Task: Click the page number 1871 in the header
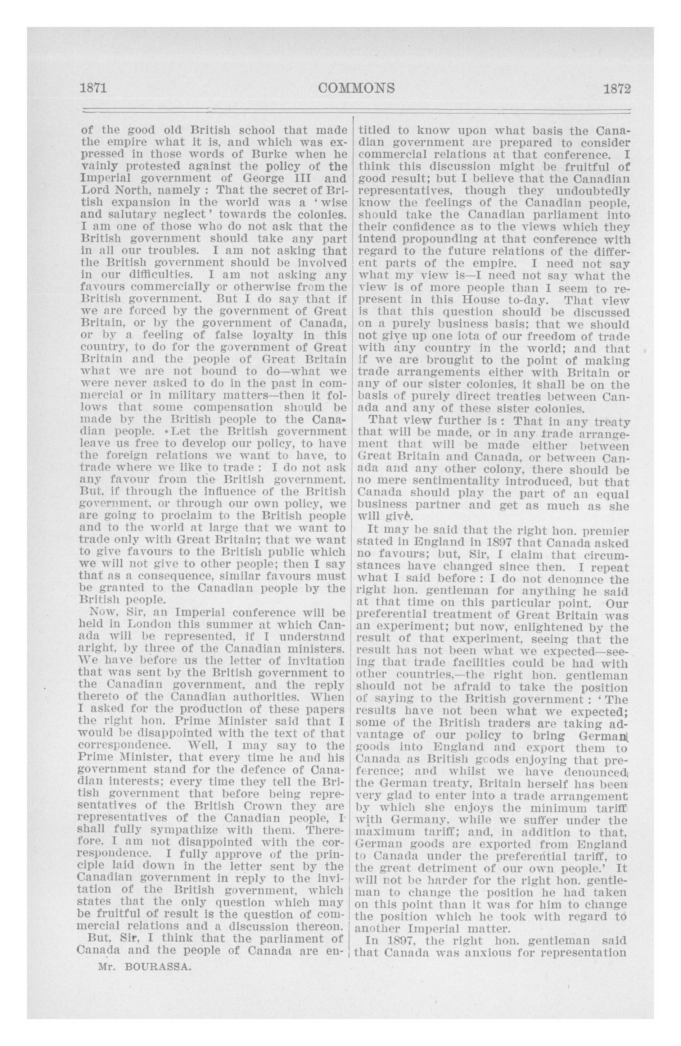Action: click(x=93, y=89)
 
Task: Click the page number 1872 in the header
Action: click(x=617, y=89)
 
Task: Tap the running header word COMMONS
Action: click(x=356, y=89)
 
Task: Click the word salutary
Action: click(x=134, y=215)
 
